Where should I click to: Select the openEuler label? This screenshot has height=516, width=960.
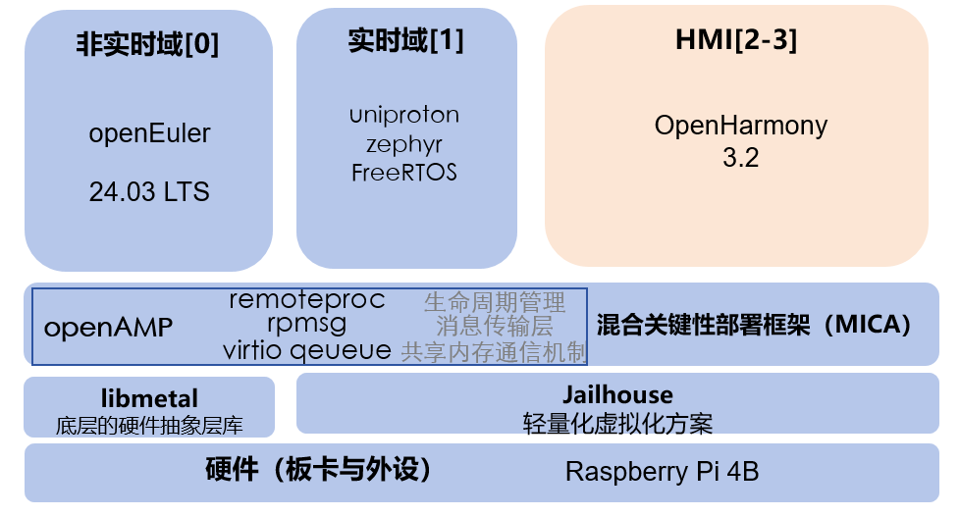pyautogui.click(x=149, y=133)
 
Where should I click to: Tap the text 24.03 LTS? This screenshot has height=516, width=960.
pyautogui.click(x=149, y=190)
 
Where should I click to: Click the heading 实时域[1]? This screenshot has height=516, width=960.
pyautogui.click(x=405, y=41)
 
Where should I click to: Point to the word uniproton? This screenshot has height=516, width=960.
pyautogui.click(x=404, y=115)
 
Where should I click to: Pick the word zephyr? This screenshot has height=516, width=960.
pyautogui.click(x=404, y=144)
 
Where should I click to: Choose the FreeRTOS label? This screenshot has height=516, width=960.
pyautogui.click(x=404, y=173)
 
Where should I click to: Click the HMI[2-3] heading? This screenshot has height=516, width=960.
pyautogui.click(x=736, y=41)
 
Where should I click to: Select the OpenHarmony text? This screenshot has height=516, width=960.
pyautogui.click(x=741, y=126)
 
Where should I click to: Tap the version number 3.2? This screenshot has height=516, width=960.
pyautogui.click(x=741, y=157)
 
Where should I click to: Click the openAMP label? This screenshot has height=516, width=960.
pyautogui.click(x=108, y=328)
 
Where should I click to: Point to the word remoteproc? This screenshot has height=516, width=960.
pyautogui.click(x=306, y=300)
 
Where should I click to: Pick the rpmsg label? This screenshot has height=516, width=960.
pyautogui.click(x=306, y=323)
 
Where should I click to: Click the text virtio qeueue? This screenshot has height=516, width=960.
pyautogui.click(x=306, y=349)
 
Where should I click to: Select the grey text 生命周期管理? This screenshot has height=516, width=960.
pyautogui.click(x=495, y=301)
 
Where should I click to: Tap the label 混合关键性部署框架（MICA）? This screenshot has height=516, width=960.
pyautogui.click(x=754, y=325)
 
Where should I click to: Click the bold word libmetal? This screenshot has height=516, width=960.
pyautogui.click(x=149, y=398)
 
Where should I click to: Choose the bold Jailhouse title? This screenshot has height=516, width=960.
pyautogui.click(x=617, y=395)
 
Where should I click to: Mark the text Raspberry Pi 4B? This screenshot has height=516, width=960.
pyautogui.click(x=662, y=472)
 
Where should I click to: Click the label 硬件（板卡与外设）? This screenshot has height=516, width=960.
pyautogui.click(x=320, y=470)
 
